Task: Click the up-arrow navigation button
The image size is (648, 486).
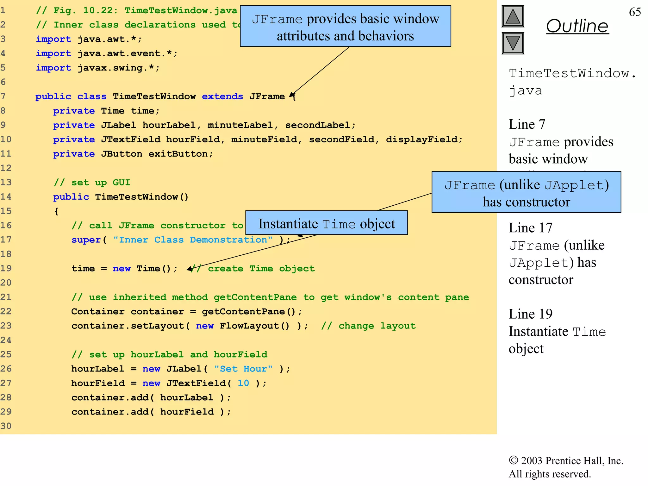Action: (513, 16)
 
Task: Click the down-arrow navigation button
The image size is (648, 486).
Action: (513, 43)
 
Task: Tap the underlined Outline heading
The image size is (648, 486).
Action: (577, 26)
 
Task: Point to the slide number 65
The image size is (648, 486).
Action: (635, 12)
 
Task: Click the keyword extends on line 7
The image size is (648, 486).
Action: (222, 97)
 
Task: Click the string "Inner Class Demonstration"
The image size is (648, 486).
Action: (193, 240)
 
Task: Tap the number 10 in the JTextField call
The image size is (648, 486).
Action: (243, 383)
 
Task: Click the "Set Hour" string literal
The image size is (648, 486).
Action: (243, 369)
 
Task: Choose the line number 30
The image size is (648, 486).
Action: (6, 426)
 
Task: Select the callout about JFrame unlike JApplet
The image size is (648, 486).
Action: (526, 192)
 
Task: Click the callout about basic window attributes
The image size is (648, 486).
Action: (345, 27)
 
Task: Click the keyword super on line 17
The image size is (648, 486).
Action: (86, 240)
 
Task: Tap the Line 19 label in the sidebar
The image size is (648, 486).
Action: (531, 314)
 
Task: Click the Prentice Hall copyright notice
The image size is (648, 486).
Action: (566, 467)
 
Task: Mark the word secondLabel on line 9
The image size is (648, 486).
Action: (317, 125)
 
